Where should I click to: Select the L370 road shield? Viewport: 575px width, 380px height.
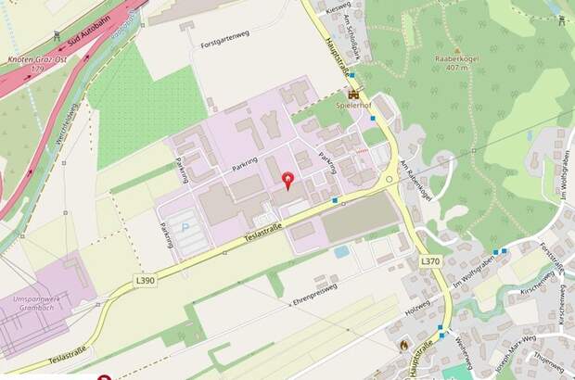pos(429,262)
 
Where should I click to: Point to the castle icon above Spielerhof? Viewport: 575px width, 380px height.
pos(352,94)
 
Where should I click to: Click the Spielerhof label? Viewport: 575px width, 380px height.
pos(352,106)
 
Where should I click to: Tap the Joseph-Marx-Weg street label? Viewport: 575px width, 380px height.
pos(489,351)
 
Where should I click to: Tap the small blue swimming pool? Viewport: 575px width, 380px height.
pos(341,250)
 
